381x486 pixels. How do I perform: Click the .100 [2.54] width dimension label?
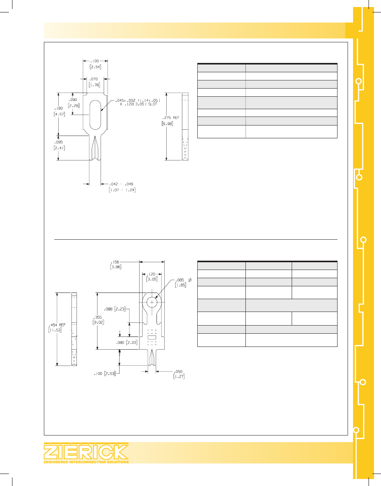(x=95, y=64)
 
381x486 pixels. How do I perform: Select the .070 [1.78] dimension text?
(x=94, y=82)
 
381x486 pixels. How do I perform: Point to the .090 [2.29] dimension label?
(x=73, y=103)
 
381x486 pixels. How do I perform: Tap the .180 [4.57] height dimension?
(x=59, y=111)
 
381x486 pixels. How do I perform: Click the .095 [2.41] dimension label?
(x=59, y=145)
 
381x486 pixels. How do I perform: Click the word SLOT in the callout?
(x=153, y=105)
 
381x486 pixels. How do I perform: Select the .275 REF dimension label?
(x=170, y=118)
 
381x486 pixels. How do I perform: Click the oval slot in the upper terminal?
(x=96, y=115)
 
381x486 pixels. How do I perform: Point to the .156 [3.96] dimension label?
(x=115, y=265)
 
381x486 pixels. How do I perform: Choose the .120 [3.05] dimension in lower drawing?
(x=151, y=277)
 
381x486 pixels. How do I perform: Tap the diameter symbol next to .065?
(x=190, y=280)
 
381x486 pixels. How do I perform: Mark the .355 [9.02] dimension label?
(x=98, y=320)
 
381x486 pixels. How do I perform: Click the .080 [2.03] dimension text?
(x=127, y=343)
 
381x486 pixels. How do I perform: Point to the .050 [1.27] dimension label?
(x=179, y=374)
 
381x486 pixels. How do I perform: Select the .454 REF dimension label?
(x=57, y=327)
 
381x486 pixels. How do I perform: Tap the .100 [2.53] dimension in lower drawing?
(x=104, y=374)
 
